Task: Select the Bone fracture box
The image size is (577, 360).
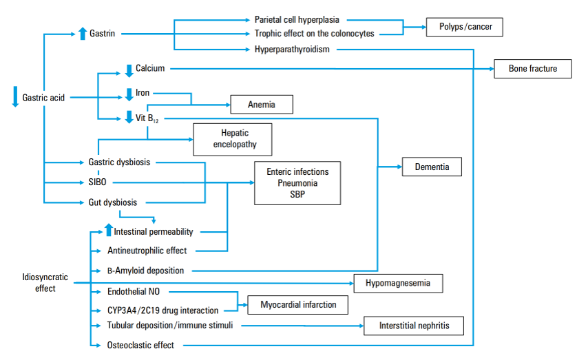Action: pos(532,69)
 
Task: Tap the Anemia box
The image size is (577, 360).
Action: pos(262,105)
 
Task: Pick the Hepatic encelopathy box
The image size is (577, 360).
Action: pos(234,140)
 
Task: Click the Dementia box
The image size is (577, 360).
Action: pos(432,167)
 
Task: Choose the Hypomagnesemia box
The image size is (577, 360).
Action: pos(398,283)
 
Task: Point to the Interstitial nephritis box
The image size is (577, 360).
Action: pos(412,325)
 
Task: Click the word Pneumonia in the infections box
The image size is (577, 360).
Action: pos(297,183)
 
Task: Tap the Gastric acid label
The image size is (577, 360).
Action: pos(43,98)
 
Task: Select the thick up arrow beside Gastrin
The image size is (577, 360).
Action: pos(83,33)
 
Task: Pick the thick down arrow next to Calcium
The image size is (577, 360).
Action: pos(128,69)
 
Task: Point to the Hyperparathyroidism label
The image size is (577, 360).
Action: pos(292,49)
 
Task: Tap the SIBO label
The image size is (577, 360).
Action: pos(98,182)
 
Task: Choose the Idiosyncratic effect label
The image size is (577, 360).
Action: pos(45,282)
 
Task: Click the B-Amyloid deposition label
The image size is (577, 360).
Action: pos(145,271)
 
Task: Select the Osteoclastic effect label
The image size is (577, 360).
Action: pos(140,345)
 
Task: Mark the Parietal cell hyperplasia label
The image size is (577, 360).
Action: pos(297,20)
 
